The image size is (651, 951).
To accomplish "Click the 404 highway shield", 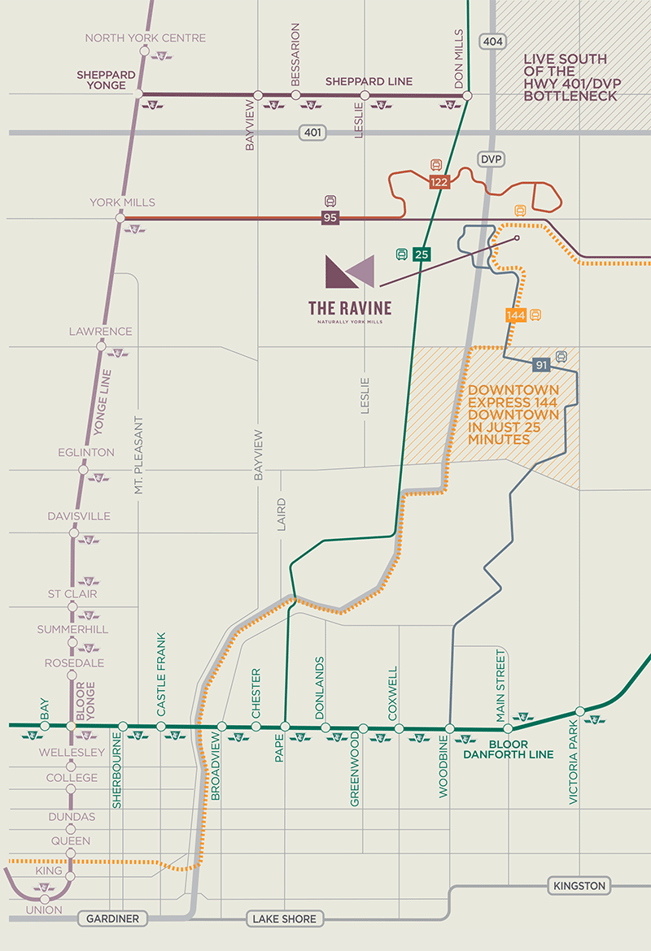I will [x=492, y=41].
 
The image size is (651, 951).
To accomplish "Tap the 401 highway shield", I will [x=312, y=132].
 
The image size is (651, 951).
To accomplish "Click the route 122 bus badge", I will [x=439, y=182].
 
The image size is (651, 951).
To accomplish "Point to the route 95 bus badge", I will [x=330, y=218].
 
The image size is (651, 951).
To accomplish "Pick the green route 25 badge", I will [x=421, y=254].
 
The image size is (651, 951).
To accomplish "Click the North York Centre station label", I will [x=146, y=38].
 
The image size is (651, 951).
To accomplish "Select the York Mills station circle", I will [x=120, y=218].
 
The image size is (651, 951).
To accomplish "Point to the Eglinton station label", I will [x=85, y=453].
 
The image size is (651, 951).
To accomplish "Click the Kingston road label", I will [x=579, y=886].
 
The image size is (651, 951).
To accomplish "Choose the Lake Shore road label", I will [x=282, y=919].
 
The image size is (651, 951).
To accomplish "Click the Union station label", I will [x=43, y=910].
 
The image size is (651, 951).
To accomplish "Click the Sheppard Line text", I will [x=369, y=81].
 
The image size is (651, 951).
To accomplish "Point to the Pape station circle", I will [x=285, y=726].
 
